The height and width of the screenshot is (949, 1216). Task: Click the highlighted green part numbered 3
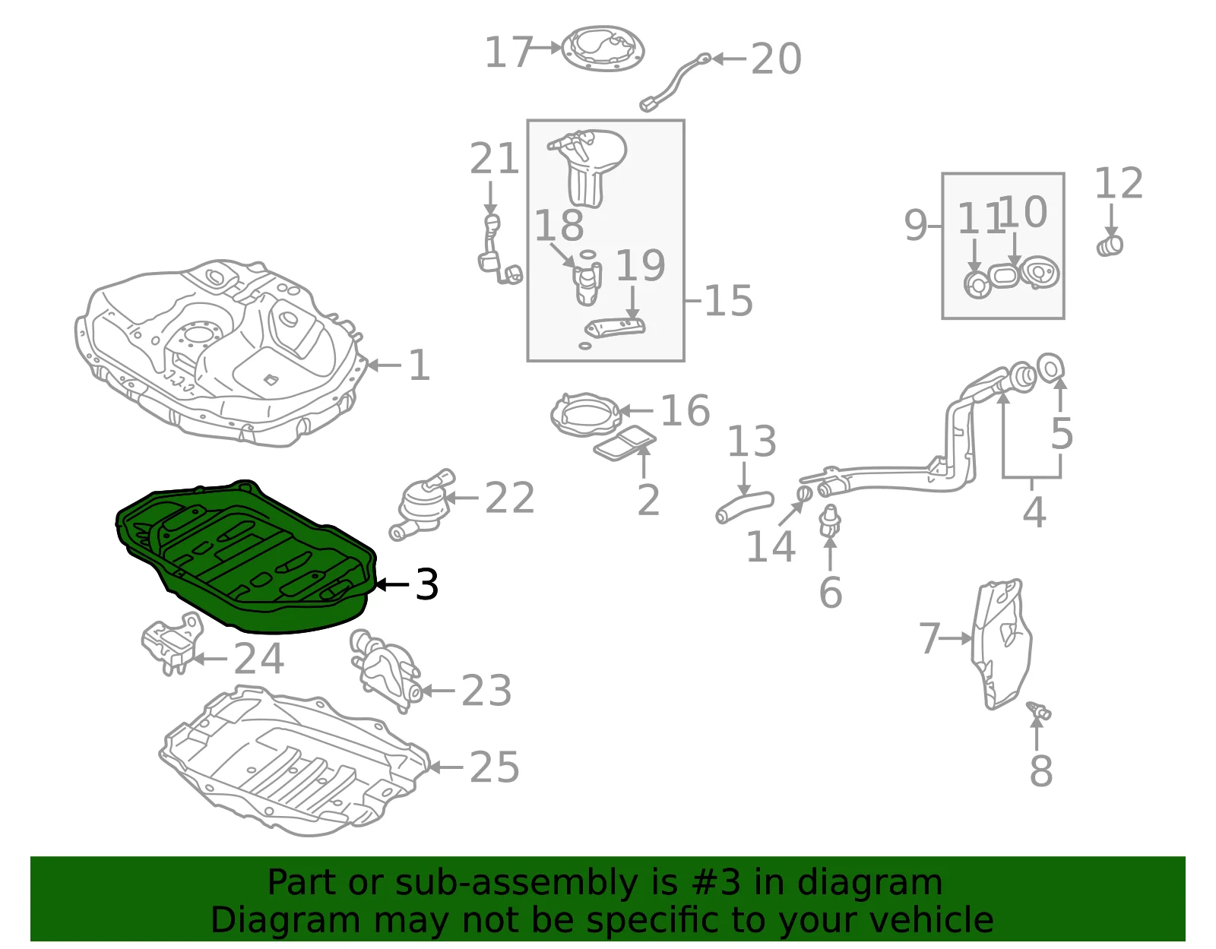point(246,559)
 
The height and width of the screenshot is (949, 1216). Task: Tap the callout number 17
point(508,52)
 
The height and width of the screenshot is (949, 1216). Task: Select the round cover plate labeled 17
point(603,49)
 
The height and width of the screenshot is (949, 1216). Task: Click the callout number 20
point(776,59)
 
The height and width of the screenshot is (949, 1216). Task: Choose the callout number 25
point(495,767)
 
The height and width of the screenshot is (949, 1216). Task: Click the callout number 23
point(486,691)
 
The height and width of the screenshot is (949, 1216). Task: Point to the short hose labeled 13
point(744,508)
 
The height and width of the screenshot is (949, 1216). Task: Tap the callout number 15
point(728,301)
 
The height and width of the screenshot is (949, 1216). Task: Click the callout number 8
point(1041,771)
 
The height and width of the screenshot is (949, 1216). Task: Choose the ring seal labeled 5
point(1050,368)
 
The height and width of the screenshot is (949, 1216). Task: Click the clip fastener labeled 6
point(830,520)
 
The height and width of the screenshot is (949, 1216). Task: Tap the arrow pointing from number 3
point(392,585)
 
